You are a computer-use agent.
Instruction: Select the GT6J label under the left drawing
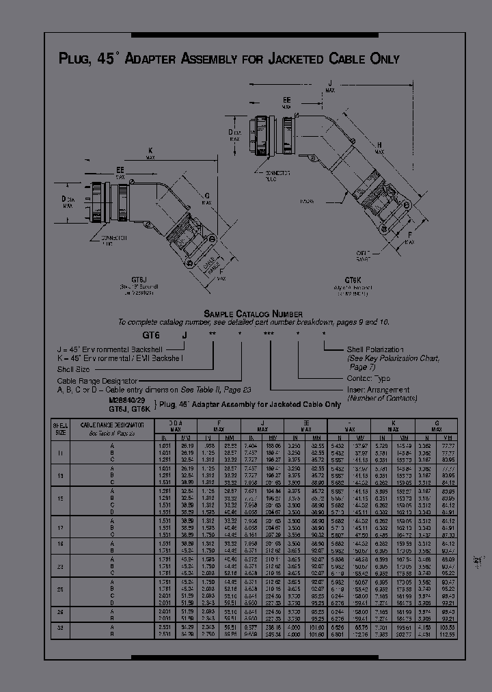click(x=139, y=280)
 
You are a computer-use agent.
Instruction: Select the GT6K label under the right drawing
click(x=353, y=280)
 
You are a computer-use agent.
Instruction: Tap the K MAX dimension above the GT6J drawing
click(x=150, y=153)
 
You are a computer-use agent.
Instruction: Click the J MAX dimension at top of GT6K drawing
click(x=330, y=85)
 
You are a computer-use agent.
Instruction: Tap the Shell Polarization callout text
click(x=374, y=349)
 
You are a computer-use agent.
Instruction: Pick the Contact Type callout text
click(x=368, y=377)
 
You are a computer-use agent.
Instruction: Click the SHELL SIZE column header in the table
click(x=61, y=429)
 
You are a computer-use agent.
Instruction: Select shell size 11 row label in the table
click(x=61, y=453)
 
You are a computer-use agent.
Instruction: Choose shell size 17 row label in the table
click(x=61, y=527)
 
